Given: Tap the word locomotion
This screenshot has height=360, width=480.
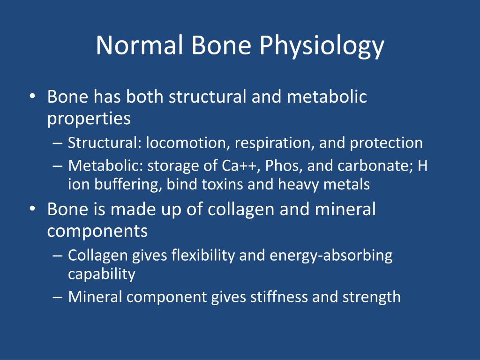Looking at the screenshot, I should coord(187,142).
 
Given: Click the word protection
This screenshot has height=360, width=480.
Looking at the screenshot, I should coord(386,143).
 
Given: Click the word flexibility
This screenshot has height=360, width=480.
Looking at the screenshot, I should coord(203,255).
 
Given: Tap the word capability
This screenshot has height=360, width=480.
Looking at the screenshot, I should coord(102,274).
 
